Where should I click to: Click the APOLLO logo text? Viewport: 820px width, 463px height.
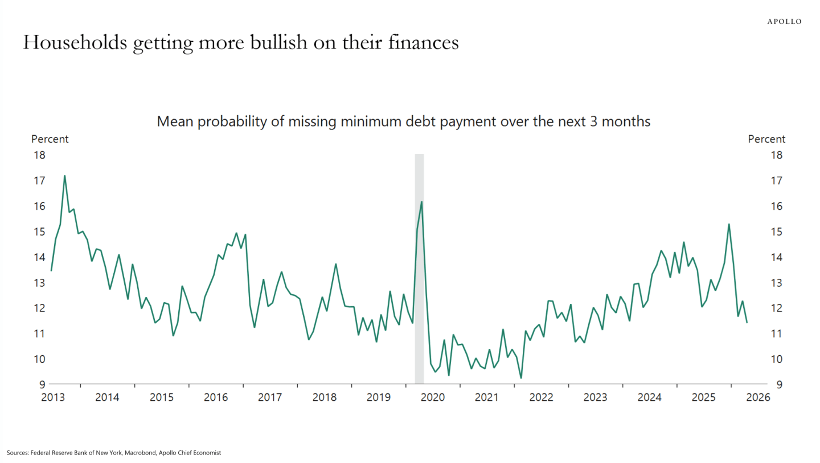coord(784,22)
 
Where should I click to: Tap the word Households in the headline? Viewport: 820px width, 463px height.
coord(75,42)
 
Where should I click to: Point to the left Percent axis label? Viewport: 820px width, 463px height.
coord(50,139)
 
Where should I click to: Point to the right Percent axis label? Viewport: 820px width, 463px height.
coord(766,139)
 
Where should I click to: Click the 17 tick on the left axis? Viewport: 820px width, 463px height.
coord(39,181)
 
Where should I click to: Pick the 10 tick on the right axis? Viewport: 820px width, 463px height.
coord(777,359)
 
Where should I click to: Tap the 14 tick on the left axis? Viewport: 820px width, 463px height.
coord(39,257)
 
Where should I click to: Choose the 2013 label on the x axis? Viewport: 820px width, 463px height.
coord(53,397)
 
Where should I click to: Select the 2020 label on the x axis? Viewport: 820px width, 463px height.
coord(433,397)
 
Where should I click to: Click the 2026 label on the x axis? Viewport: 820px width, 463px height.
coord(758,397)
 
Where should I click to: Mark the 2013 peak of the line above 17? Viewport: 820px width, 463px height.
coord(65,176)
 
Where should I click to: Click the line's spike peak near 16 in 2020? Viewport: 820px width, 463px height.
coord(422,202)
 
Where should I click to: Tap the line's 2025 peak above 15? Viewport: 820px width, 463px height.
coord(729,224)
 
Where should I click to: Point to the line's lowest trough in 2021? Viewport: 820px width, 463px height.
coord(521,378)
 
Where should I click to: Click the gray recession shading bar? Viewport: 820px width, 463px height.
coord(419,269)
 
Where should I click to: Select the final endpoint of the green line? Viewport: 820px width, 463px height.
coord(747,323)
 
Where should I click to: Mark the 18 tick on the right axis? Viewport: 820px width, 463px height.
coord(777,155)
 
